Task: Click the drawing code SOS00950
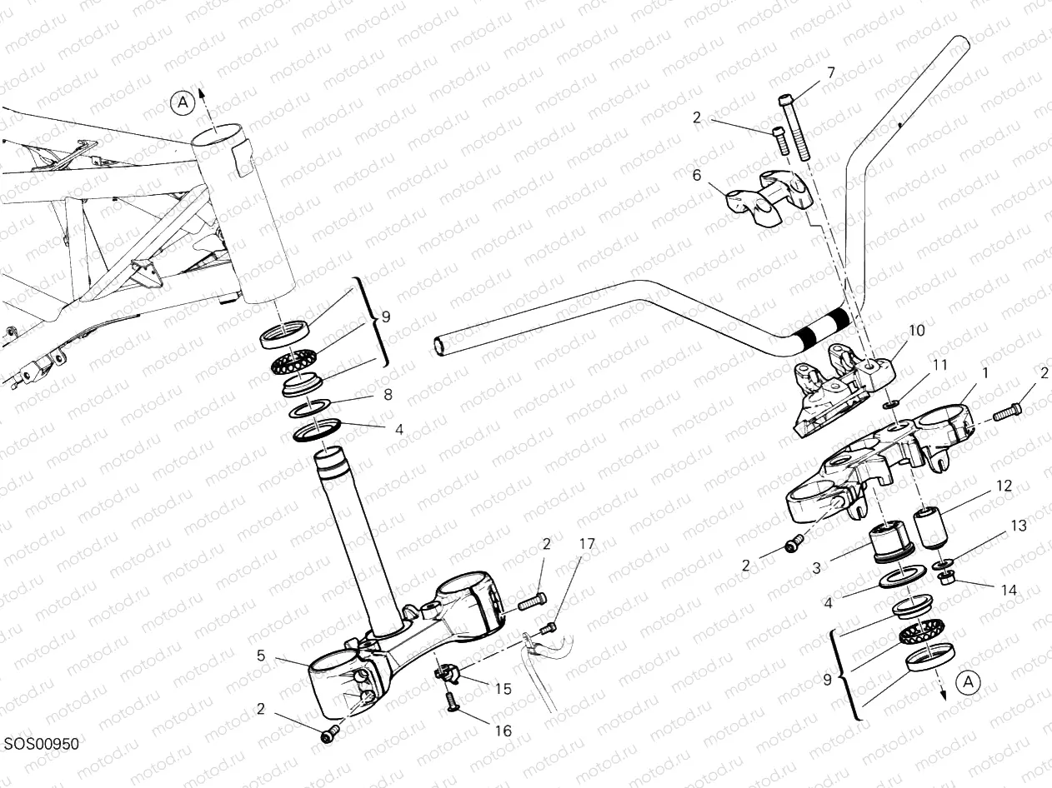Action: [40, 744]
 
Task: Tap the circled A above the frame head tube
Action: [183, 102]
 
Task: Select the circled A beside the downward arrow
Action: [967, 682]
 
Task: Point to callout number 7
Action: [830, 72]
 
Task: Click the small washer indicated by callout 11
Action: [890, 405]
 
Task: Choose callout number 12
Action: [1004, 486]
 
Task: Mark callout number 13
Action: [1019, 526]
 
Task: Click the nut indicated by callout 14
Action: [946, 577]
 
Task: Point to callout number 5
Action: [261, 656]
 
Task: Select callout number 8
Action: [388, 396]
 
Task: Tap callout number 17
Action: [588, 544]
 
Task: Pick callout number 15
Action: [503, 689]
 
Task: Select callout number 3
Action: [816, 567]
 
